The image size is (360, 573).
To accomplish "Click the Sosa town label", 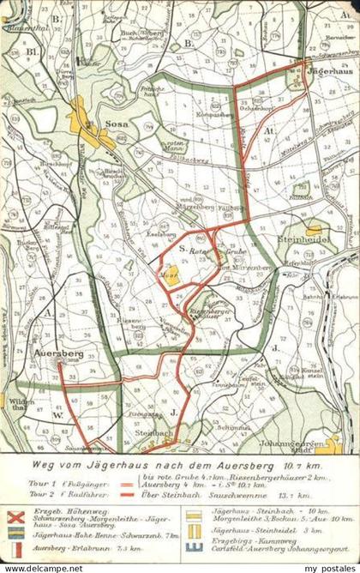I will click(x=116, y=124).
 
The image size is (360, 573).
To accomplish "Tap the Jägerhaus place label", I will click(x=331, y=74).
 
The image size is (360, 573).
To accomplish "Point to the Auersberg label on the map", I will click(x=58, y=352).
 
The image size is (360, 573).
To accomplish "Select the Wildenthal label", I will click(x=16, y=404).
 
